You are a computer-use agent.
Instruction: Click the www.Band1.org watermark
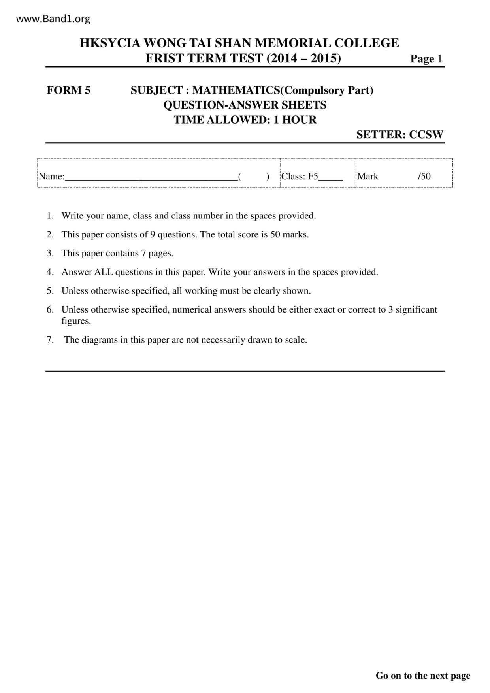pos(53,19)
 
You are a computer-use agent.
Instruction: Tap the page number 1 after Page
pos(439,59)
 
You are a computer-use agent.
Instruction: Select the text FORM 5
pos(68,90)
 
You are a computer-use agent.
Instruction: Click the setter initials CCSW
pos(426,135)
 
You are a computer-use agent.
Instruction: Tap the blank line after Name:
pos(151,177)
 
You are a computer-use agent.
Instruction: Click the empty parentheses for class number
pos(254,177)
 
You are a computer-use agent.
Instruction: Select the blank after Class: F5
pos(330,177)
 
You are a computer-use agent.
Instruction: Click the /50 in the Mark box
pos(424,176)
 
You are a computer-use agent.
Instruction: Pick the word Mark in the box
pos(368,176)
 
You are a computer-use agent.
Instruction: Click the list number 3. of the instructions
pos(50,253)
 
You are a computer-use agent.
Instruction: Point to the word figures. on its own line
pos(76,321)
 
